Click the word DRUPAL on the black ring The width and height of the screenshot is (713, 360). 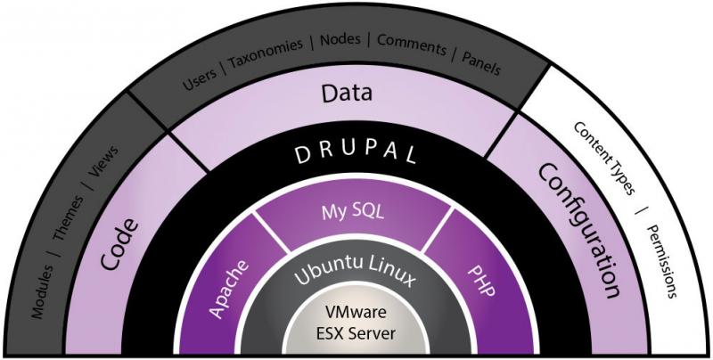(356, 152)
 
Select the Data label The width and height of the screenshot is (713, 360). (347, 93)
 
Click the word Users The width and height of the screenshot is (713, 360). (199, 78)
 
